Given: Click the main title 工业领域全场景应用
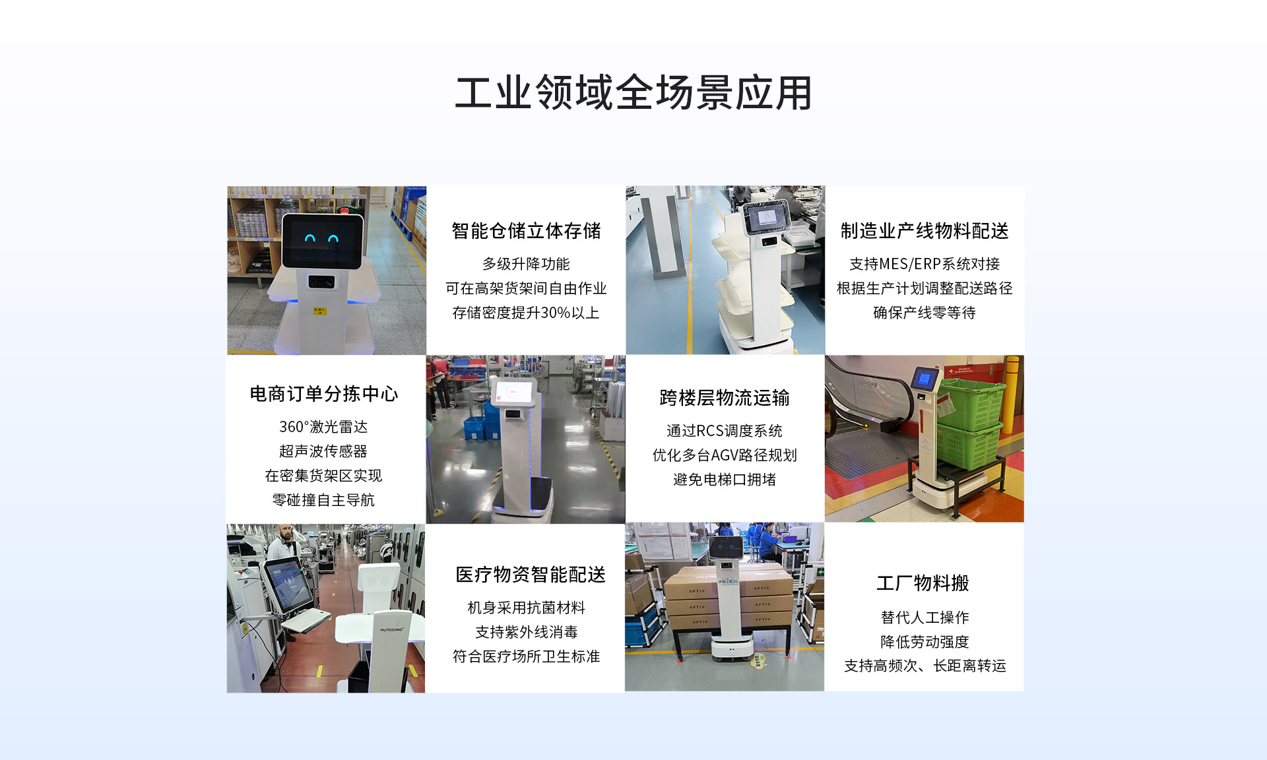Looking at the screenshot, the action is pyautogui.click(x=633, y=92).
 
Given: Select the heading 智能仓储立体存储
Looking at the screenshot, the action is pyautogui.click(x=526, y=231).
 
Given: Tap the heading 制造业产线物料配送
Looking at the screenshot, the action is pyautogui.click(x=925, y=231).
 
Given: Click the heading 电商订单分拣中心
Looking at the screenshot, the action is pyautogui.click(x=324, y=394).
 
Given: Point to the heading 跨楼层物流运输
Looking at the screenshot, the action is pyautogui.click(x=725, y=398).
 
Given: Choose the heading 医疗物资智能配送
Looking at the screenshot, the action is pyautogui.click(x=531, y=575).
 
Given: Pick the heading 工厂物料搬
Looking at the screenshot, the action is pyautogui.click(x=923, y=583).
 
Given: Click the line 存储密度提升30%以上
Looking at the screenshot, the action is pyautogui.click(x=526, y=313).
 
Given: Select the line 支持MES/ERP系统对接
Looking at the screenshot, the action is pyautogui.click(x=925, y=264).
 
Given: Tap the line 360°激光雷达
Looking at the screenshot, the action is pyautogui.click(x=323, y=427).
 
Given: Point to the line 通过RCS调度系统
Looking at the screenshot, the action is pyautogui.click(x=725, y=431).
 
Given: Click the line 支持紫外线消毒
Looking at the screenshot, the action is pyautogui.click(x=527, y=632).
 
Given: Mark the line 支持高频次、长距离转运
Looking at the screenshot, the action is pyautogui.click(x=925, y=666).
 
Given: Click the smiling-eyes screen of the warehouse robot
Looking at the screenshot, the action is pyautogui.click(x=323, y=240).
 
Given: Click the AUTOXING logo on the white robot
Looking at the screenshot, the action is pyautogui.click(x=391, y=629).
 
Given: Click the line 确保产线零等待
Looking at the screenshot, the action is pyautogui.click(x=925, y=313).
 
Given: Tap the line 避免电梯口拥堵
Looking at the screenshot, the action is pyautogui.click(x=725, y=480).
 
